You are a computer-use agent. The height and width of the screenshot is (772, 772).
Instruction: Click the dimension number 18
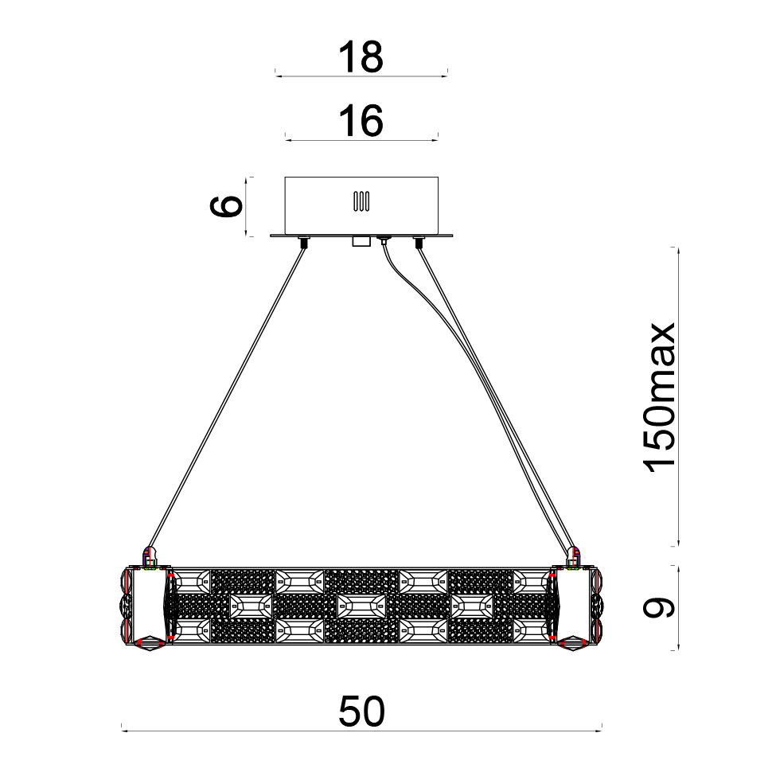(361, 57)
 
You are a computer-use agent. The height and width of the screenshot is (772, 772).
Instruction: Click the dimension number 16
(361, 121)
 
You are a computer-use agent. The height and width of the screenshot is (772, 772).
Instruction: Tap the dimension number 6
(226, 206)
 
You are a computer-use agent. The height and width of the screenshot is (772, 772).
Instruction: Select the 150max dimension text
(660, 397)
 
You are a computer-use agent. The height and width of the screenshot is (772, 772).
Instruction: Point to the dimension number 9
(658, 607)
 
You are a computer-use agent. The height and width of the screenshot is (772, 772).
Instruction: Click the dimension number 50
(361, 712)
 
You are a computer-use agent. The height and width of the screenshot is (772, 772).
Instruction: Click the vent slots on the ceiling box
(361, 201)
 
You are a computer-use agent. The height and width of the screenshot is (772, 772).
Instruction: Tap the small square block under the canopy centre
(361, 241)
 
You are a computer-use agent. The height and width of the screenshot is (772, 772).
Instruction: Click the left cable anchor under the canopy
(303, 242)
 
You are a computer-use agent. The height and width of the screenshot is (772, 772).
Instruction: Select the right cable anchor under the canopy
(419, 242)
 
